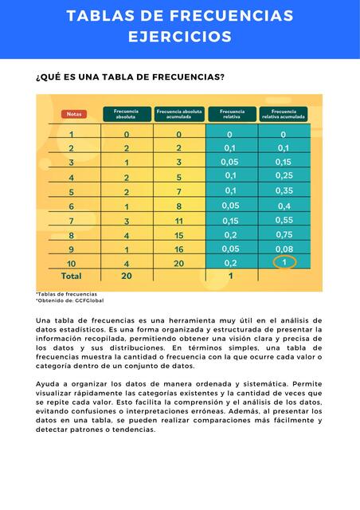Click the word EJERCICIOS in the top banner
tap(180, 37)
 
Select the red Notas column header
tap(73, 114)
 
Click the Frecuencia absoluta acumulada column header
tap(179, 114)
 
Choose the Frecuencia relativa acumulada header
tap(284, 114)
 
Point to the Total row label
tap(72, 277)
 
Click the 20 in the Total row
tap(126, 277)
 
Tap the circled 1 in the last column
tap(284, 262)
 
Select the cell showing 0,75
tap(284, 235)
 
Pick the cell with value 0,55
tap(284, 220)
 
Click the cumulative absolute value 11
tap(179, 221)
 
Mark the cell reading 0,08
tap(284, 249)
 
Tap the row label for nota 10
tap(72, 263)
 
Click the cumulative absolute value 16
tap(179, 249)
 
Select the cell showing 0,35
tap(284, 191)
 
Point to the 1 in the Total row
tap(230, 277)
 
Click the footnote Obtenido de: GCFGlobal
tap(69, 300)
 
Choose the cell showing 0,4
tap(284, 206)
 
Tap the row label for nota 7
tap(72, 221)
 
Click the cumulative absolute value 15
tap(179, 235)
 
